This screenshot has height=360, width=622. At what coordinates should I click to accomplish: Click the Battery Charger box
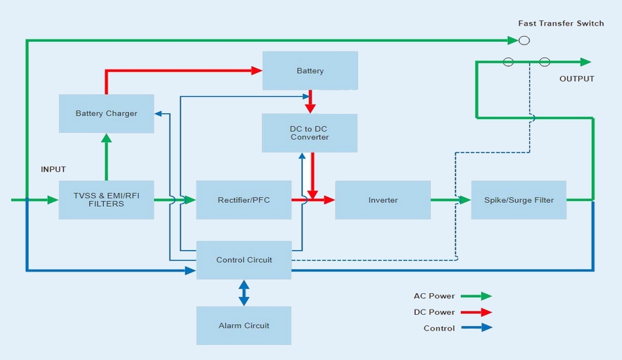coord(106,114)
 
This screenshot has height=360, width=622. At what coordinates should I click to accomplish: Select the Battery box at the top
coord(310,71)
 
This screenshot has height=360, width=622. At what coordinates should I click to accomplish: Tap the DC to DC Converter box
coord(310,133)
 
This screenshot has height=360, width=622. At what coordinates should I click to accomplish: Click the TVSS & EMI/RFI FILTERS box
coord(106,200)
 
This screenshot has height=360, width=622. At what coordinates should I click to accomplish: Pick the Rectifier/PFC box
coord(244,200)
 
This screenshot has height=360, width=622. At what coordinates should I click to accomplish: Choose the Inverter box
coord(382,200)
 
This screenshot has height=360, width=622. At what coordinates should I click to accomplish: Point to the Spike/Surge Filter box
coord(519,200)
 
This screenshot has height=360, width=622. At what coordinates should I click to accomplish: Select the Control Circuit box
coord(244,260)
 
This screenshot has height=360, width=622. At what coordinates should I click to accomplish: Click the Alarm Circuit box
coord(244,325)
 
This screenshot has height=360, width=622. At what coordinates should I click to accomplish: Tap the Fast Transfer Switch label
coord(561,24)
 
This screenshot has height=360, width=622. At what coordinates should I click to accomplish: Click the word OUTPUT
coord(576,79)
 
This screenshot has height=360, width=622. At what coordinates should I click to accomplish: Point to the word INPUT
coord(53,170)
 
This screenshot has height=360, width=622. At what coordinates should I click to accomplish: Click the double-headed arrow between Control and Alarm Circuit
coord(244,293)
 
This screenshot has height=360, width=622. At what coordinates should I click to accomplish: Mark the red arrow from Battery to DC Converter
coord(310,102)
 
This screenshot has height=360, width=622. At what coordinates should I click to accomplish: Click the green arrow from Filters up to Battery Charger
coord(106,157)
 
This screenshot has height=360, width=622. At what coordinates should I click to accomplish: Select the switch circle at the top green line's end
coord(524,41)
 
